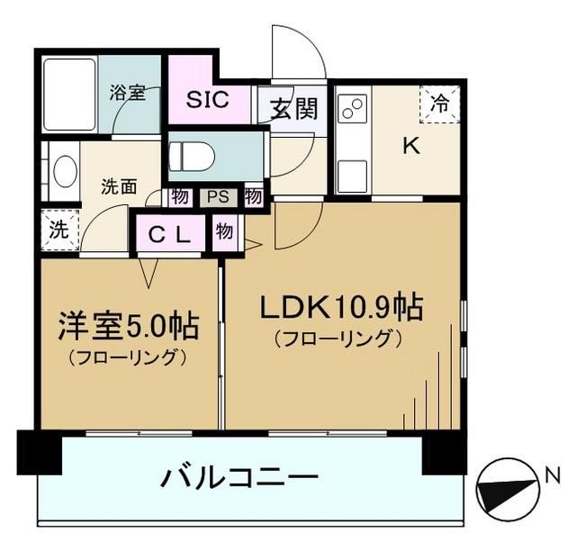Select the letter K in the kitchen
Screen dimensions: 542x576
coord(411,147)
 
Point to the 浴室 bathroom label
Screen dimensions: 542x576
coord(128,93)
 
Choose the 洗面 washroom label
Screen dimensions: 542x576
coord(119,187)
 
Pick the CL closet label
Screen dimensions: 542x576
coord(169,236)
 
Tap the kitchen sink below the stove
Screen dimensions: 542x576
coord(352,171)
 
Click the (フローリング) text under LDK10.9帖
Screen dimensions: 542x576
coord(337,339)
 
